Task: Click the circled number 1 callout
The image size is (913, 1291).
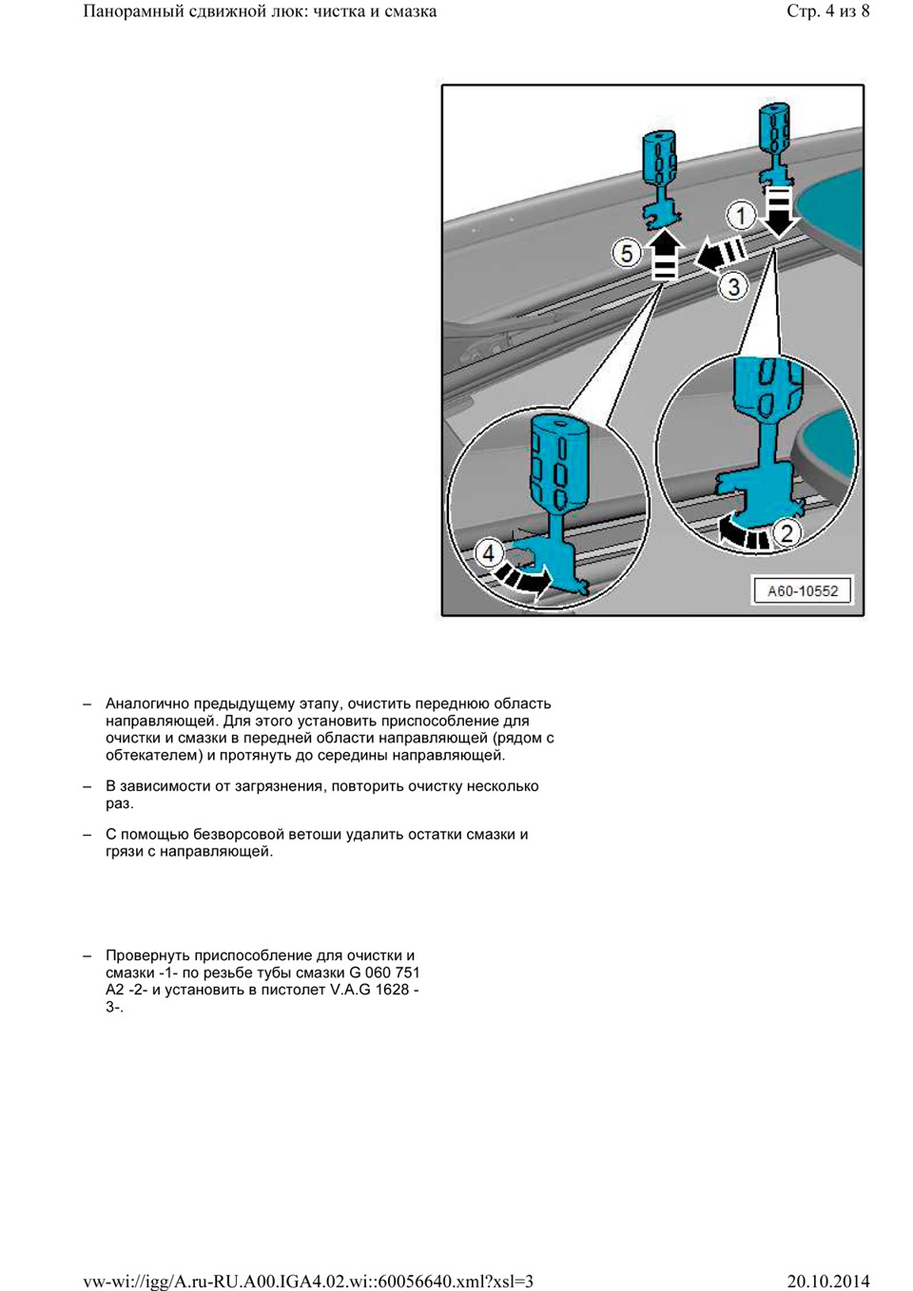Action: pyautogui.click(x=741, y=215)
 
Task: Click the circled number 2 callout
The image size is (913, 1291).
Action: pyautogui.click(x=786, y=532)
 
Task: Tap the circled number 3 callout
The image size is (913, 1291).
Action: pyautogui.click(x=733, y=285)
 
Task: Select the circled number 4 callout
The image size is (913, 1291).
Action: pyautogui.click(x=489, y=552)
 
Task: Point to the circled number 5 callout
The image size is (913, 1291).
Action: pyautogui.click(x=627, y=254)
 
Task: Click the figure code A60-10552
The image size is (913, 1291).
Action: pyautogui.click(x=802, y=590)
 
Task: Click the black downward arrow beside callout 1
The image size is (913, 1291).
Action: pyautogui.click(x=779, y=211)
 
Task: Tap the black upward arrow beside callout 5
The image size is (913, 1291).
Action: pyautogui.click(x=665, y=254)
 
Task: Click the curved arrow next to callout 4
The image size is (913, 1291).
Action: pyautogui.click(x=525, y=578)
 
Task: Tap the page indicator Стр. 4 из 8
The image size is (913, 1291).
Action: pyautogui.click(x=827, y=11)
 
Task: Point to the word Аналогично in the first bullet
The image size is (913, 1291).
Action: pyautogui.click(x=147, y=703)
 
